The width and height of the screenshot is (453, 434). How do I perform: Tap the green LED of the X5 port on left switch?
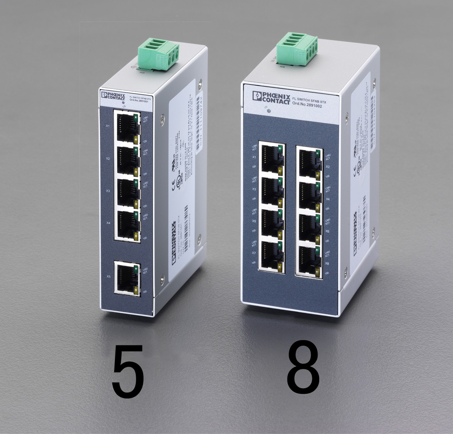135,270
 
